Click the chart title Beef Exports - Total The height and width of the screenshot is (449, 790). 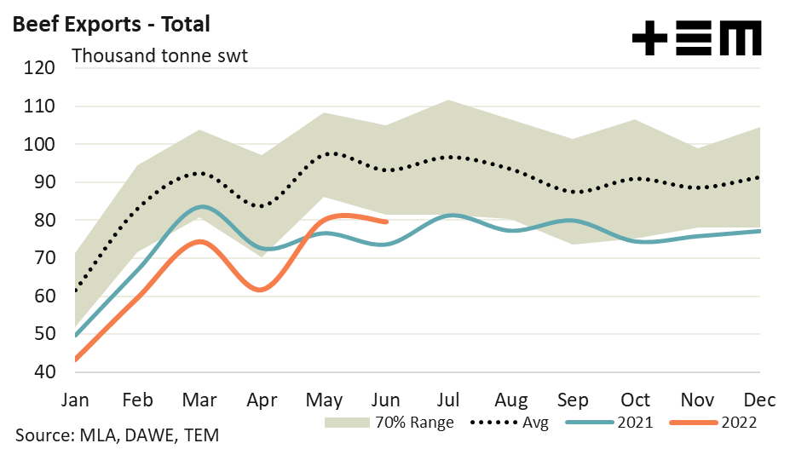[111, 24]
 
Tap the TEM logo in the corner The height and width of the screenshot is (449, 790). [697, 39]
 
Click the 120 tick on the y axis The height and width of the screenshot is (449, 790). [38, 69]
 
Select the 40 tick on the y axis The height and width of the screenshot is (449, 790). [42, 372]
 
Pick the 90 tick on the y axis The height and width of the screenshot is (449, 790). [42, 183]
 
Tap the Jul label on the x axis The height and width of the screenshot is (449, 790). [450, 400]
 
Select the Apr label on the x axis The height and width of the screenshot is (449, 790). [262, 400]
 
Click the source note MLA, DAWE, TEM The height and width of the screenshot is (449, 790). [117, 435]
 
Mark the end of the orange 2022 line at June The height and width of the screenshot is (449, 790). [387, 222]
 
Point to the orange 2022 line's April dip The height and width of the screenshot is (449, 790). [261, 290]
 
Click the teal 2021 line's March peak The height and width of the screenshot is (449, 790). [200, 207]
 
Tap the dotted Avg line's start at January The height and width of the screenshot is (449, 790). [77, 291]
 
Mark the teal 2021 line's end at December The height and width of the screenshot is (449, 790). [758, 231]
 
